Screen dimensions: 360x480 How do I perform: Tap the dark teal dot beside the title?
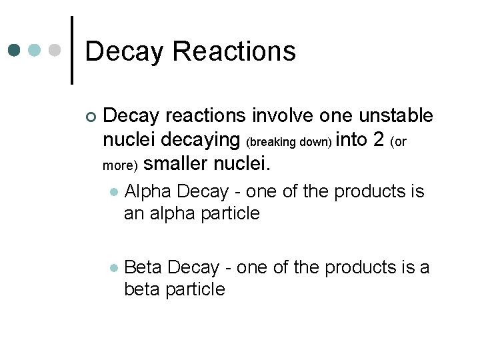pos(15,50)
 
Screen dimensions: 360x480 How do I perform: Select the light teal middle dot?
pos(35,50)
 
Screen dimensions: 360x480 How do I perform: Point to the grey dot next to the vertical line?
pos(56,50)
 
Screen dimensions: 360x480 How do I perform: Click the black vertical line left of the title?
pos(71,50)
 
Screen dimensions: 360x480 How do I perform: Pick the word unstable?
pos(396,116)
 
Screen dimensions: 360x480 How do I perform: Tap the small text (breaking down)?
pos(289,142)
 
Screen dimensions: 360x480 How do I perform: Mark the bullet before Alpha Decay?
pos(114,193)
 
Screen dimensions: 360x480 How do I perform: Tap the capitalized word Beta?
pos(143,267)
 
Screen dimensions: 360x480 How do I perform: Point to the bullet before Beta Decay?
pos(114,268)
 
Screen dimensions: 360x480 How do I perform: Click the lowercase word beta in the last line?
pos(143,289)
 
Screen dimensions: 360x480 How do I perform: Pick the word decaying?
pos(206,140)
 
